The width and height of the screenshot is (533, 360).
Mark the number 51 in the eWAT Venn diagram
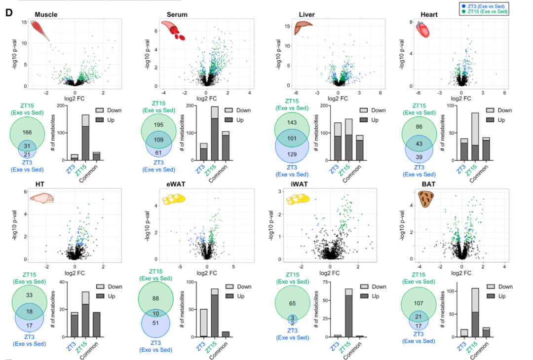coord(156,323)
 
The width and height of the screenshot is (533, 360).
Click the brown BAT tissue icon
coord(425,199)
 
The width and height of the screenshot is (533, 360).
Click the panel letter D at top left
coord(8,12)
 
